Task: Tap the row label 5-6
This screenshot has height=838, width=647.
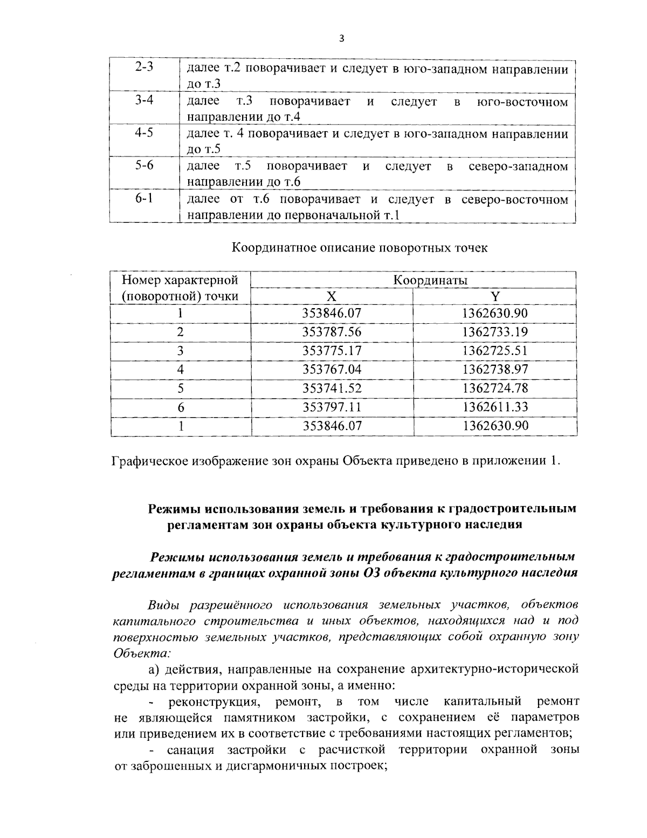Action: (144, 165)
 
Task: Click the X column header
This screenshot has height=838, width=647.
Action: (332, 296)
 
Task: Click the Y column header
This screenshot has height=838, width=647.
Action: (495, 296)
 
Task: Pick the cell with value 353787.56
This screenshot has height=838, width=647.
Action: (332, 332)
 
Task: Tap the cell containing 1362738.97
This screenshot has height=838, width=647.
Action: (495, 369)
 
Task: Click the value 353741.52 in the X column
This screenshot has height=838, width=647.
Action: (332, 388)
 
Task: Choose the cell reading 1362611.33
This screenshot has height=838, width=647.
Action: (495, 406)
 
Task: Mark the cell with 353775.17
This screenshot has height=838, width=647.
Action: (332, 351)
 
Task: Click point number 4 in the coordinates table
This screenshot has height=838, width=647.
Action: (181, 369)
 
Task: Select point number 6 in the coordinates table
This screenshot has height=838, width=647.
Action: (181, 406)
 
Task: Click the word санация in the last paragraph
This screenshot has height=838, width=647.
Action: (190, 750)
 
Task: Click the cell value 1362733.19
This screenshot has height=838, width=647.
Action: (495, 332)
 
